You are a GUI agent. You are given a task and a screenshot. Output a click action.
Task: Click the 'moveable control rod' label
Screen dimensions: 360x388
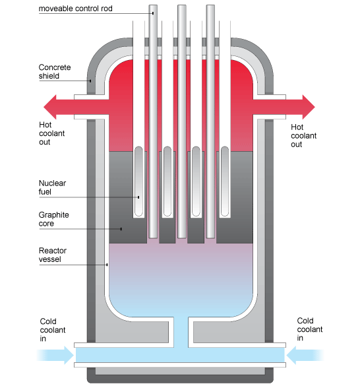(75, 9)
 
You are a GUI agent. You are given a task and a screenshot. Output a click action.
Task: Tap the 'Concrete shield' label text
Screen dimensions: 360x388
(55, 71)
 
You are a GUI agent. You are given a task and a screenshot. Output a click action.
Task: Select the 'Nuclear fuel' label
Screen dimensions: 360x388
(52, 187)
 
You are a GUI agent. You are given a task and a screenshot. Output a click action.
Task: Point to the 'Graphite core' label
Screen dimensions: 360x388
(53, 219)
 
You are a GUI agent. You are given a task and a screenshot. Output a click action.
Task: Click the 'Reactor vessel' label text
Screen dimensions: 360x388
(53, 255)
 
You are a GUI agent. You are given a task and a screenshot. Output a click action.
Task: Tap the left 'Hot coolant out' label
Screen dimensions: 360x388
(51, 133)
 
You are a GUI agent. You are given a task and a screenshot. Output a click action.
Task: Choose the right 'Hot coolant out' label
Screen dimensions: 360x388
(303, 136)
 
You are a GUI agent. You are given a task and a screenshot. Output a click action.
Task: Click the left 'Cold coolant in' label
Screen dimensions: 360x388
(53, 330)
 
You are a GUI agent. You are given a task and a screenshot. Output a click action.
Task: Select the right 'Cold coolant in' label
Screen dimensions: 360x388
(310, 329)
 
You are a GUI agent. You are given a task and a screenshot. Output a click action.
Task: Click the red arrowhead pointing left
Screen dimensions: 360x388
(50, 107)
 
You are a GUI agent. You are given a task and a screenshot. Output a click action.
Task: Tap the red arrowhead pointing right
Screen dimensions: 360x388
(309, 107)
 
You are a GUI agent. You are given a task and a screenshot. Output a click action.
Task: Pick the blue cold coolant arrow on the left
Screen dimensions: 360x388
(55, 355)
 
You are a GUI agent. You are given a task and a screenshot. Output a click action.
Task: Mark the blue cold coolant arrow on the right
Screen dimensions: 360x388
(305, 355)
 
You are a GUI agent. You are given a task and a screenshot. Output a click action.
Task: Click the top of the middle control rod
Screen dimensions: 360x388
(182, 5)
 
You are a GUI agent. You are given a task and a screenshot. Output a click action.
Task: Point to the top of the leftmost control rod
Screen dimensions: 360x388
(153, 5)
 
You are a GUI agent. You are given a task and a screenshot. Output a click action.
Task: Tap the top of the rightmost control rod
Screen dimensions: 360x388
(210, 5)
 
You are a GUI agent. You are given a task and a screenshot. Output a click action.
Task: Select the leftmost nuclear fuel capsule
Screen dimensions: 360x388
(138, 181)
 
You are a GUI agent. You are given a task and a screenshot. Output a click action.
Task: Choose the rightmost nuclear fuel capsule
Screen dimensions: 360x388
(225, 181)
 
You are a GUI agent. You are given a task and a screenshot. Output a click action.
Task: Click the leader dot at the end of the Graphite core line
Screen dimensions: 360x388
(121, 229)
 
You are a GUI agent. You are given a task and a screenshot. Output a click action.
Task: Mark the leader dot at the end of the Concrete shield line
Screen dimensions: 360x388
(90, 81)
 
